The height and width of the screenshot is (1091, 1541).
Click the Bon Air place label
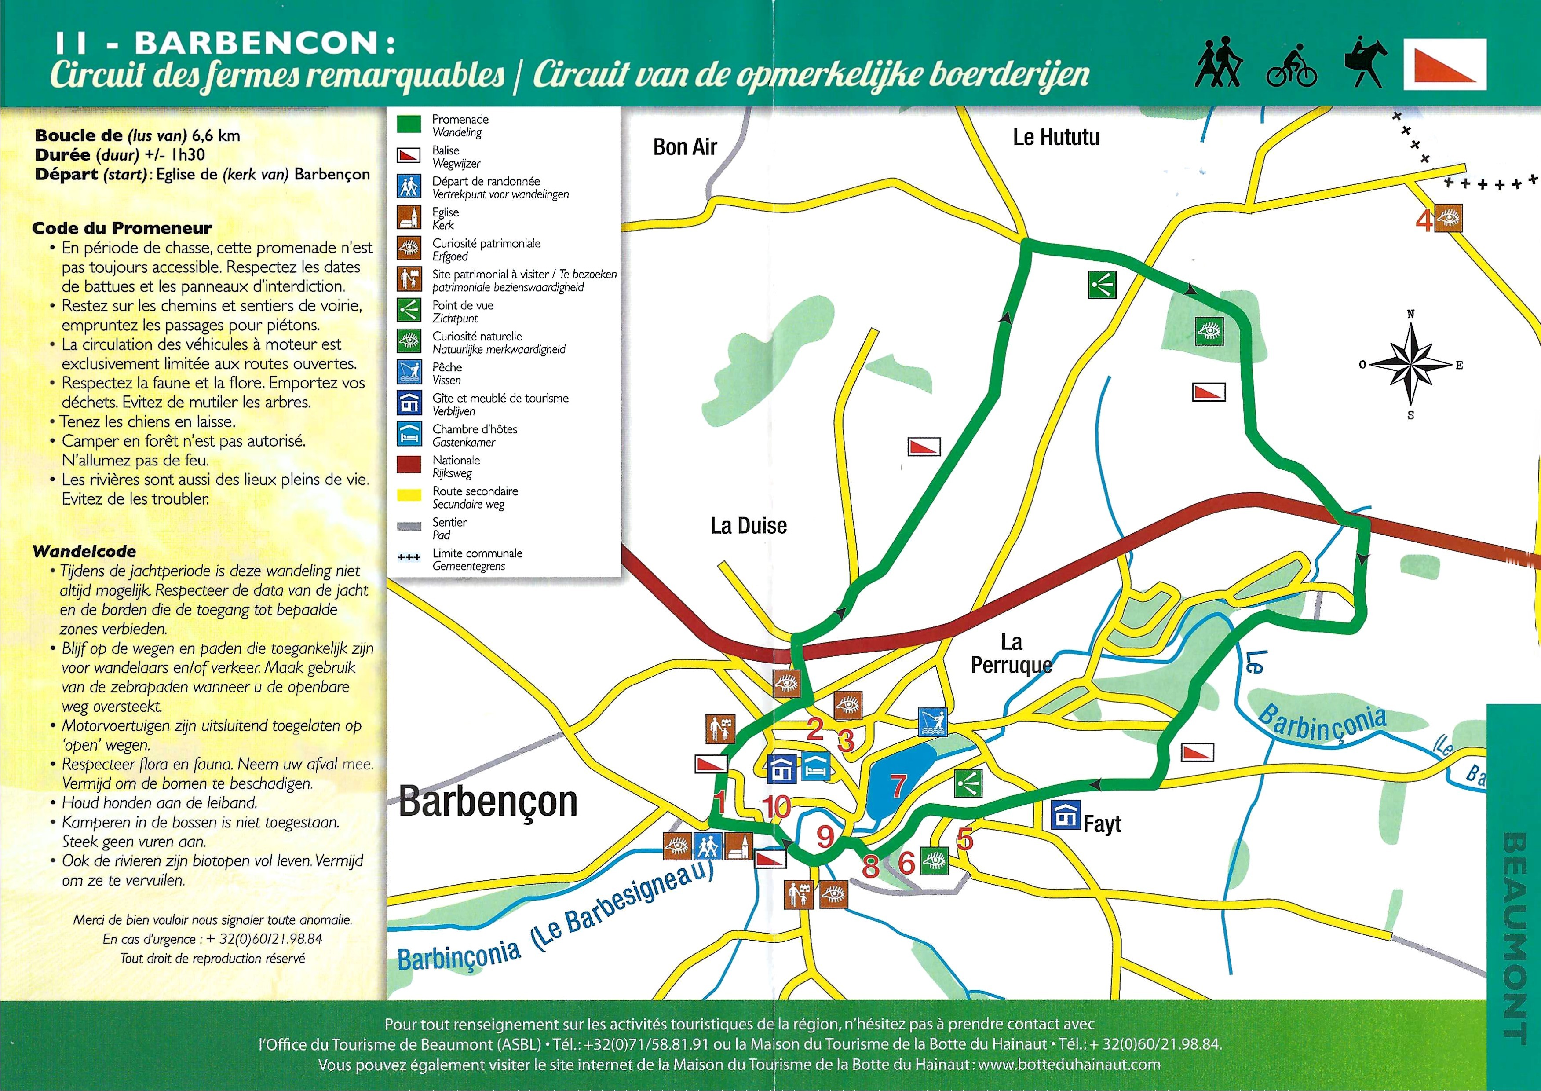pyautogui.click(x=685, y=146)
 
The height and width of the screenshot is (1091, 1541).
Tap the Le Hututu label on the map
pyautogui.click(x=1056, y=137)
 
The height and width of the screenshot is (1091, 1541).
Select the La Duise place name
pyautogui.click(x=748, y=525)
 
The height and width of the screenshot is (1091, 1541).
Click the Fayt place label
pyautogui.click(x=1102, y=824)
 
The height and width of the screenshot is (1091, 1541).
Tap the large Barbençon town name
pyautogui.click(x=488, y=802)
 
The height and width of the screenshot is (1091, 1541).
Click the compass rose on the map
pyautogui.click(x=1411, y=364)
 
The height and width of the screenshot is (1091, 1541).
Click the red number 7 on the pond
pyautogui.click(x=898, y=785)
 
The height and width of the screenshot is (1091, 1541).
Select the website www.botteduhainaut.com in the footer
pyautogui.click(x=1069, y=1064)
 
